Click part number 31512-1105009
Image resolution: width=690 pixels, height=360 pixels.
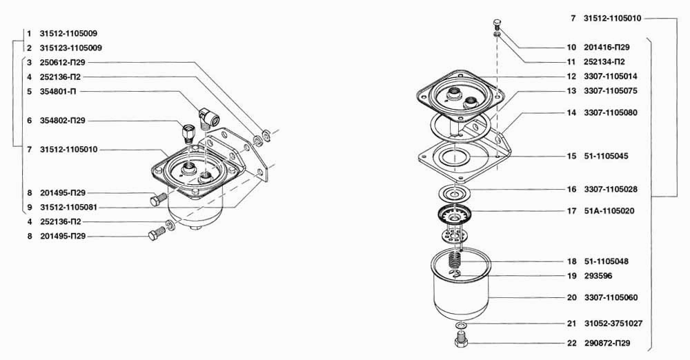coord(68,33)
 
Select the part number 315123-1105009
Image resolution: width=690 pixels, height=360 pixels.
coord(71,48)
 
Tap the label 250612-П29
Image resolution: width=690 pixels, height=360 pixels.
coord(63,63)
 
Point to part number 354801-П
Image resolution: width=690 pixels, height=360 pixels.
coord(59,92)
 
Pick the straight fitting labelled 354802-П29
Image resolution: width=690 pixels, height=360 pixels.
coord(188,133)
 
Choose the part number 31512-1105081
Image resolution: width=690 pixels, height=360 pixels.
coord(68,207)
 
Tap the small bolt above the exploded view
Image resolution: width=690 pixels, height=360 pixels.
coord(497,24)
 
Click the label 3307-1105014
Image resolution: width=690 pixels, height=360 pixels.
coord(611,76)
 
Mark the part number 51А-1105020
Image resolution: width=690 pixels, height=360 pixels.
coord(609,211)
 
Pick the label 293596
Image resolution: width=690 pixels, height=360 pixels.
coord(598,276)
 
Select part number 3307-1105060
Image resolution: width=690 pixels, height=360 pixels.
coord(611,297)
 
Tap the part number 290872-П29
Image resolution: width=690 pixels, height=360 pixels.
coord(607,343)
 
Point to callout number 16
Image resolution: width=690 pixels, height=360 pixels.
coord(571,189)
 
